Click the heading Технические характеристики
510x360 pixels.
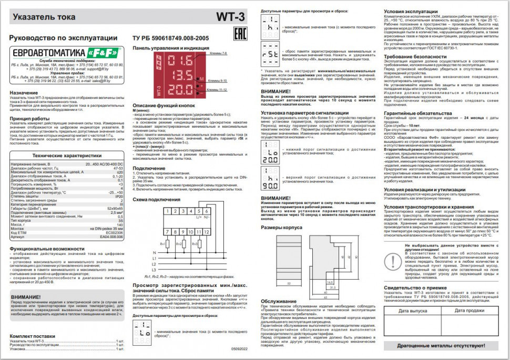point(67,156)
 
